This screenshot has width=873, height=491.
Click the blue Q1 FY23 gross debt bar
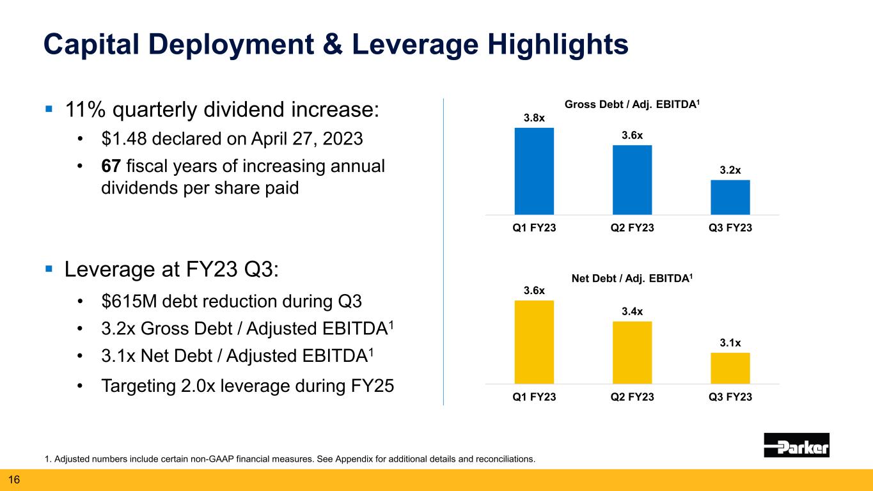click(534, 171)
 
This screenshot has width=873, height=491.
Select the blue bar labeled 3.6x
click(632, 180)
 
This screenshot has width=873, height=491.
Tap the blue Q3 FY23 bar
click(730, 197)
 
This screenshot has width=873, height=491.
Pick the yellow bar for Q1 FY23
click(534, 342)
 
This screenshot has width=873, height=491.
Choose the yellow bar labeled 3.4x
click(632, 352)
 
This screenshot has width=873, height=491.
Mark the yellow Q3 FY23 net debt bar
click(730, 368)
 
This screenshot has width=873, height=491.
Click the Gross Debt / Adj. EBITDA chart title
click(632, 105)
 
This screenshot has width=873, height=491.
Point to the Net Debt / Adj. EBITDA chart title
click(632, 279)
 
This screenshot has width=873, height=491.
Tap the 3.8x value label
click(534, 118)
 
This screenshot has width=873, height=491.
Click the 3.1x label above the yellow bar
click(730, 343)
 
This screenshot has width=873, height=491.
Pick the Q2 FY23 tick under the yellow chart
click(632, 397)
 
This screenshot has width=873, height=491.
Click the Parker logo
click(796, 445)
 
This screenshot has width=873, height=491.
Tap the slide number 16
click(13, 479)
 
